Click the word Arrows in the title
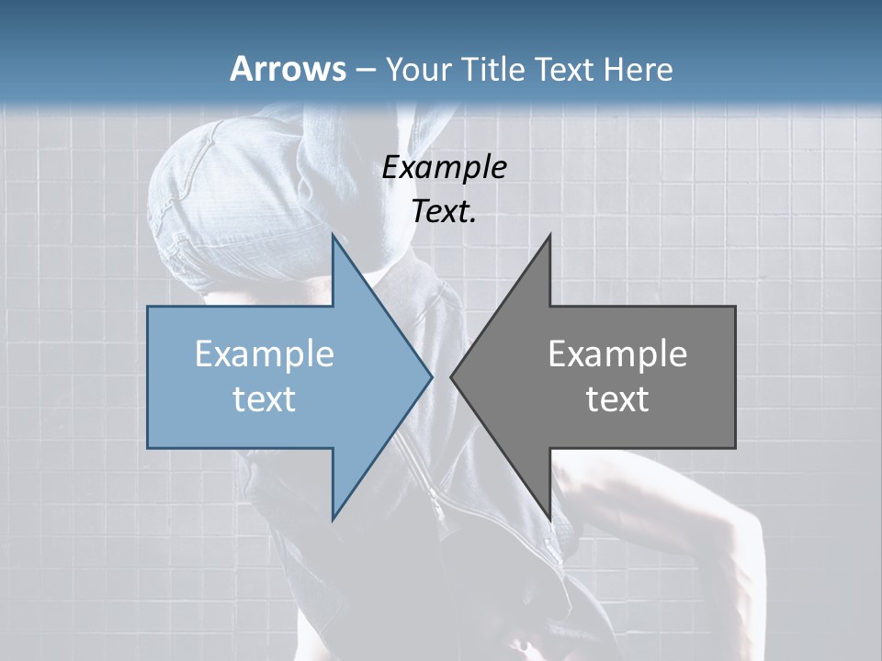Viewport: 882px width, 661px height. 288,69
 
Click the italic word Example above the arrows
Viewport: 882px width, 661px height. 444,168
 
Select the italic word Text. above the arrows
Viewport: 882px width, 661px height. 444,212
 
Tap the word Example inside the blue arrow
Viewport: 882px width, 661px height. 265,354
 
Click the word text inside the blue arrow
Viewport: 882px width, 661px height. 265,399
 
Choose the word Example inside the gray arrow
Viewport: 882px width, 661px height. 617,354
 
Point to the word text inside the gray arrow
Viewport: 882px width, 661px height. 617,399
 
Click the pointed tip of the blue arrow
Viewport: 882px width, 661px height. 431,376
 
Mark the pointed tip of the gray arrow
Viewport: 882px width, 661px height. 451,376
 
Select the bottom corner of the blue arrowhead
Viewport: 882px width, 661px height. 333,519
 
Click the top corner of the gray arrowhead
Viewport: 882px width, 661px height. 549,235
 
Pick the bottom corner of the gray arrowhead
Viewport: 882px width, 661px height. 549,519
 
